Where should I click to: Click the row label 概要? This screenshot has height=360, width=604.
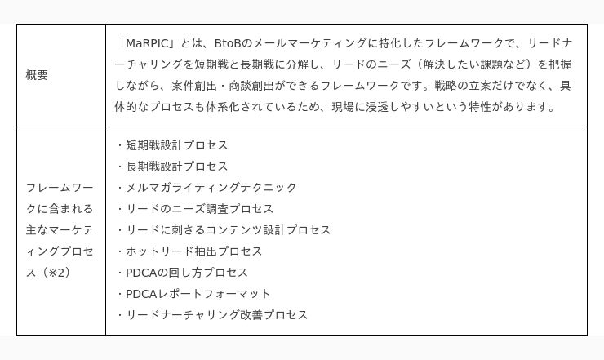tap(37, 75)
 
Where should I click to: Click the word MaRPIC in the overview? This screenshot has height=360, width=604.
tap(148, 43)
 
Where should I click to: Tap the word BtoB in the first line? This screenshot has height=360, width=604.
tap(227, 43)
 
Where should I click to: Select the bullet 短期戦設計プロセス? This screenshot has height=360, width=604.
tap(177, 145)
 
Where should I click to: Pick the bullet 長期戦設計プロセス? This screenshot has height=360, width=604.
tap(177, 167)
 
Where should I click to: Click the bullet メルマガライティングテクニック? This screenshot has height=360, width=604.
tap(211, 188)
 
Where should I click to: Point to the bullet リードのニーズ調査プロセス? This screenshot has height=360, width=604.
tap(199, 209)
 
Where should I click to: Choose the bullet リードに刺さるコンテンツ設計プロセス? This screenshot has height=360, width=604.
tap(228, 230)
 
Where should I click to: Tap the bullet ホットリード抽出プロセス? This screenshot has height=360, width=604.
tap(193, 251)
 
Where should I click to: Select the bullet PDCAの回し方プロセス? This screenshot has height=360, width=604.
tap(187, 273)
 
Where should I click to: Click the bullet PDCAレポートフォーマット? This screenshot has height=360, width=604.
tap(198, 294)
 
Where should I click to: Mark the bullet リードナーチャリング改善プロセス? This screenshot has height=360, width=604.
tap(217, 315)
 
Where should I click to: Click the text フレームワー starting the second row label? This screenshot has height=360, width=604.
tap(60, 188)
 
